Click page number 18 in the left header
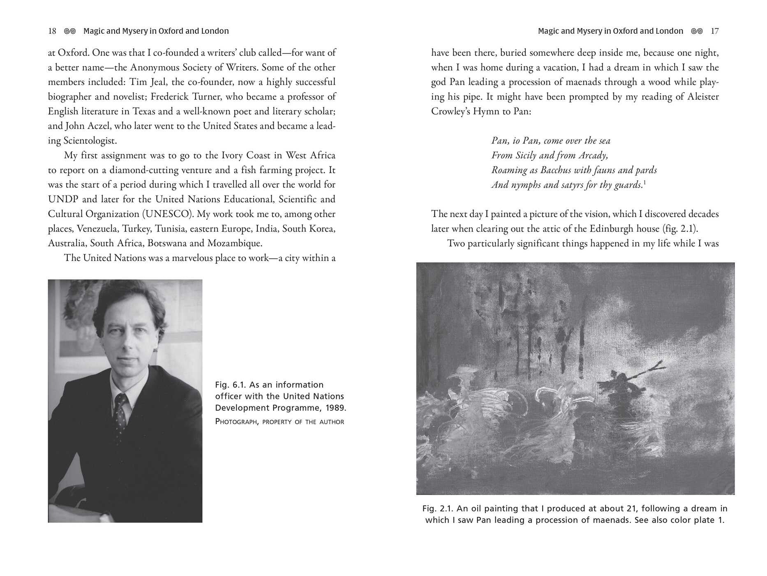[x=52, y=31]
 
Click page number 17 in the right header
[x=715, y=31]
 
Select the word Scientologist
[x=90, y=141]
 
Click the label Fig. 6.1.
[x=230, y=385]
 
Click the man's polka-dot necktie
[x=120, y=416]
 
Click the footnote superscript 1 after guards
[x=644, y=182]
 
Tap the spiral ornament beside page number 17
[x=697, y=31]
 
